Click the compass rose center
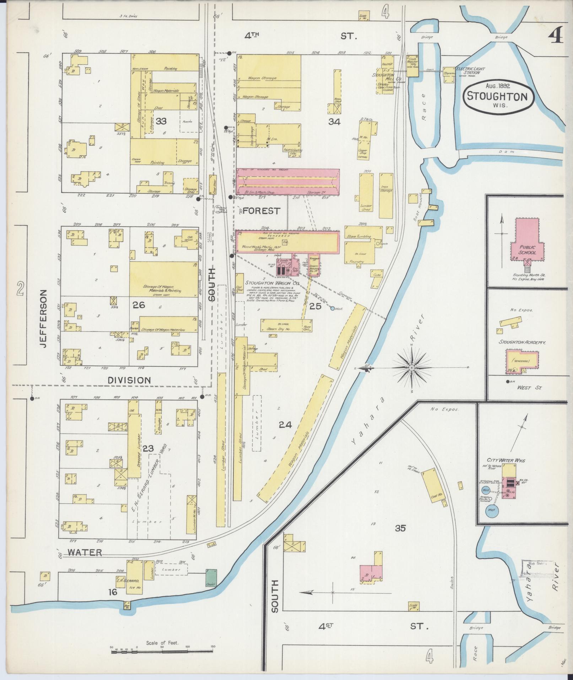(411, 368)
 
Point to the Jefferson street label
(43, 318)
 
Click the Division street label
(129, 380)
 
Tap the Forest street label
(261, 211)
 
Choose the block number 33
(161, 121)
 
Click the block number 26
(139, 305)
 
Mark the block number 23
(148, 449)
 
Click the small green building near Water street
(211, 578)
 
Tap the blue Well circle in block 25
(333, 309)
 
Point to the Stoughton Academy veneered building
(521, 360)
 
